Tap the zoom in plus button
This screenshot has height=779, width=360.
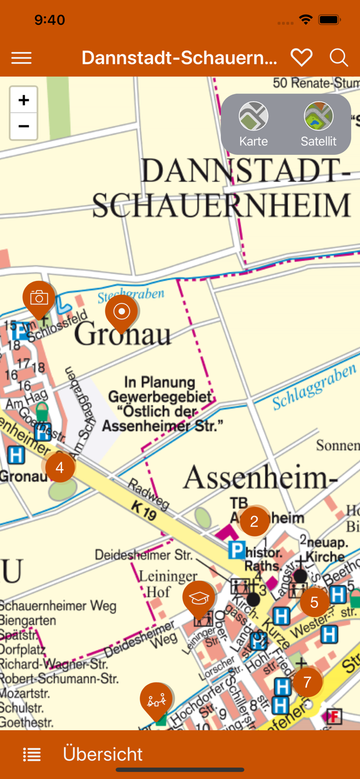click(23, 100)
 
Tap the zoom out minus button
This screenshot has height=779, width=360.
click(23, 126)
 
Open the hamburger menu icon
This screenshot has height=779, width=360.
click(21, 58)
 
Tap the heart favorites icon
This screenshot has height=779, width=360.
click(301, 58)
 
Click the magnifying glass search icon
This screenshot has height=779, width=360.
click(339, 58)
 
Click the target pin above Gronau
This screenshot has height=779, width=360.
click(122, 312)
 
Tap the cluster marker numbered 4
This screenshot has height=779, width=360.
click(60, 468)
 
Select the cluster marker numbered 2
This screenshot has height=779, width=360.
click(254, 521)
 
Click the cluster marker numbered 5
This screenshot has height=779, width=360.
click(314, 602)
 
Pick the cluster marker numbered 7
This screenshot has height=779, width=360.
click(307, 682)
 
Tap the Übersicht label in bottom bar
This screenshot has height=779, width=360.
click(102, 754)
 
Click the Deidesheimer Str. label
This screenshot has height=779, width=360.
click(143, 555)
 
